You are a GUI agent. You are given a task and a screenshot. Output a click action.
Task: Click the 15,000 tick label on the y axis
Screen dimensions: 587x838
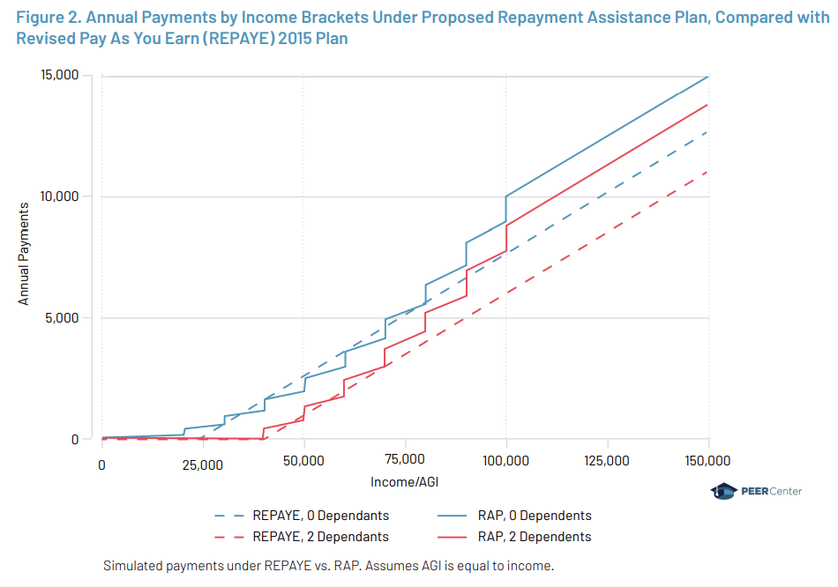click(x=59, y=76)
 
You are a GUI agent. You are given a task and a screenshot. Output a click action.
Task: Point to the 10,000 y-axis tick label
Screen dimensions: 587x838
click(x=59, y=197)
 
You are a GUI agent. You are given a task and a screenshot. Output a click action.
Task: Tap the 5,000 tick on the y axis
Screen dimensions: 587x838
click(x=63, y=318)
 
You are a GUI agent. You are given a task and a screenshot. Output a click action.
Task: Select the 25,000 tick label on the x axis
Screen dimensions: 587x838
click(x=203, y=461)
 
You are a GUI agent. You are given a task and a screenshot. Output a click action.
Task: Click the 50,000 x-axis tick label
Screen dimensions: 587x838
click(x=304, y=461)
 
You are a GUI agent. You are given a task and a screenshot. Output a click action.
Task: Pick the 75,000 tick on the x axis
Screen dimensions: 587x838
click(x=405, y=461)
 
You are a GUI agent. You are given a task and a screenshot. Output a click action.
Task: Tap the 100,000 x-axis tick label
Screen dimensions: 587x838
click(x=506, y=461)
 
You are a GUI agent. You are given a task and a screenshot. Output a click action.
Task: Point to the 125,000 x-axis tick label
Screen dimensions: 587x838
click(x=608, y=461)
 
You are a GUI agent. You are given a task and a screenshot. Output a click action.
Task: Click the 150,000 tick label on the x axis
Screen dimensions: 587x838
click(x=708, y=461)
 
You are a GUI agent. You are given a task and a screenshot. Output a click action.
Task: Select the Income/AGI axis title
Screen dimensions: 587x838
click(x=405, y=483)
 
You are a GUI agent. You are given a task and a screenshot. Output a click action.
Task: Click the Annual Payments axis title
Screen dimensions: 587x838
click(x=24, y=253)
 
